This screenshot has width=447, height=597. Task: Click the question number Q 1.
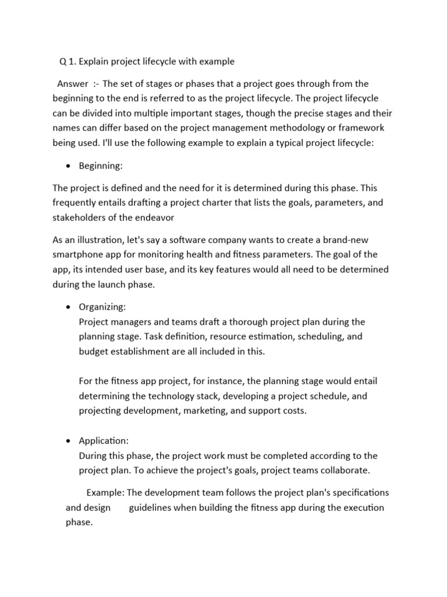pos(68,62)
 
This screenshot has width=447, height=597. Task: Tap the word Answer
pos(73,84)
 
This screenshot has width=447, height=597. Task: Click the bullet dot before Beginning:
pos(69,166)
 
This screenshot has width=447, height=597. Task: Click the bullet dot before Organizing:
pos(69,307)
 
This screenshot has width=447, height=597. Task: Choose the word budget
pos(94,351)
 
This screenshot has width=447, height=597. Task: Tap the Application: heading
pos(104,441)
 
